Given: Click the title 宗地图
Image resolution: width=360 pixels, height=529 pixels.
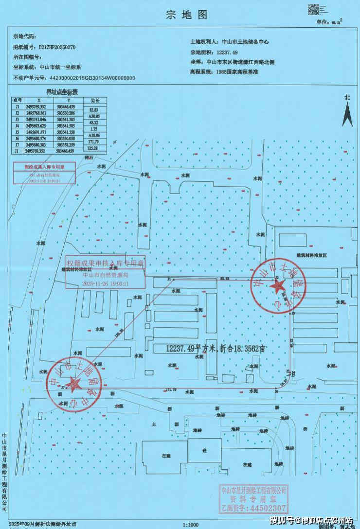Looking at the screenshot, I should coord(180,15).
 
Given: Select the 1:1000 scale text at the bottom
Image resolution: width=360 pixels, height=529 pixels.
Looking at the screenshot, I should coord(190,525).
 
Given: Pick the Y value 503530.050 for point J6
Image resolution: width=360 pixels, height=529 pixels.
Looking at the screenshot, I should coord(66,138).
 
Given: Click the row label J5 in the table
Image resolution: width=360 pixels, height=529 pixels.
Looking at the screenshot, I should coord(17,131).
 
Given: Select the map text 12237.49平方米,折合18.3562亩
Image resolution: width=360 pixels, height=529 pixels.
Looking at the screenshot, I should coord(216,348).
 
